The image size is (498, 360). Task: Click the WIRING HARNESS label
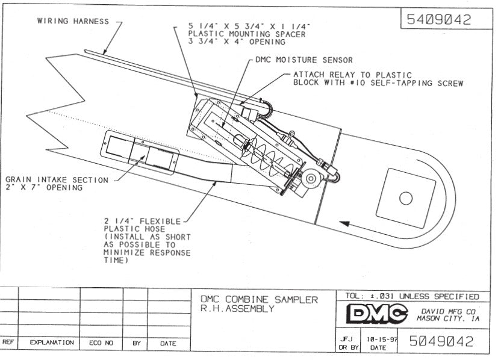coord(73,21)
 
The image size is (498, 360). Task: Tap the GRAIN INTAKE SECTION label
coord(57,180)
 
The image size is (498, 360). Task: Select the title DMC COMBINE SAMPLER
coord(258,300)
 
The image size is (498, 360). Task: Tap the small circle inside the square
coord(405,197)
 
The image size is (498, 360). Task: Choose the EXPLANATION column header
coord(52,343)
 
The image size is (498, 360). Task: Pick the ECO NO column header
coord(101,343)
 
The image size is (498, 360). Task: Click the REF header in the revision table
coord(8,343)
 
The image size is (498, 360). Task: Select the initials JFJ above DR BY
coord(347,339)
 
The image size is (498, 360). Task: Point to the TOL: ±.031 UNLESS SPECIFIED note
coord(412,296)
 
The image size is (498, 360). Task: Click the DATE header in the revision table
coord(169,343)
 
